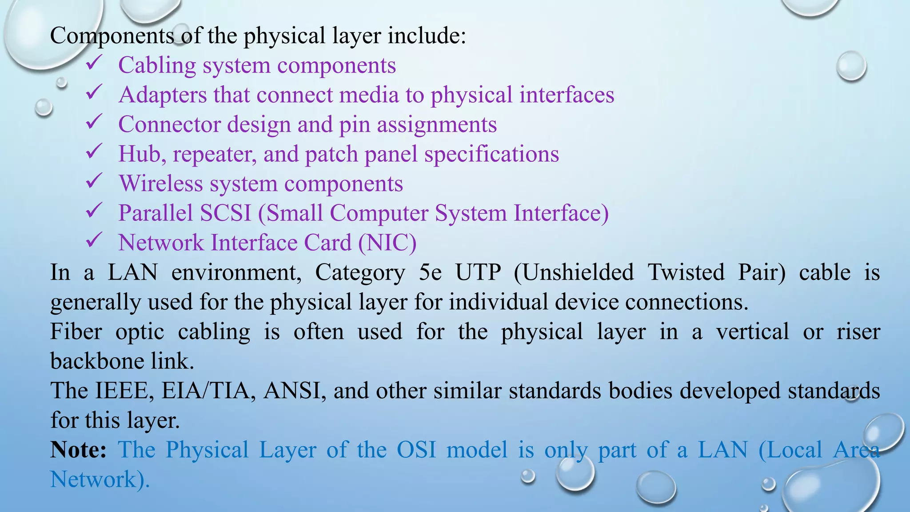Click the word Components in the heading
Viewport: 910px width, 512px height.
(x=112, y=36)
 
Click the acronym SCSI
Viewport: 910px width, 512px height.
(x=225, y=213)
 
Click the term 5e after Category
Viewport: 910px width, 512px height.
(x=430, y=272)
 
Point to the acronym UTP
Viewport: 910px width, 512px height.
(x=478, y=272)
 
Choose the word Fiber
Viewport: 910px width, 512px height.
(x=76, y=332)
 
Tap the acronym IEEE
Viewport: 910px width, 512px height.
(x=124, y=391)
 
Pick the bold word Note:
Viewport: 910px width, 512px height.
(x=78, y=450)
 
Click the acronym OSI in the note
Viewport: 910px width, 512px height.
(x=416, y=450)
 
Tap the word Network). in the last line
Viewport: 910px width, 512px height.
(x=100, y=480)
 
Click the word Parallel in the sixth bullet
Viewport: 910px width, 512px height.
(x=156, y=213)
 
